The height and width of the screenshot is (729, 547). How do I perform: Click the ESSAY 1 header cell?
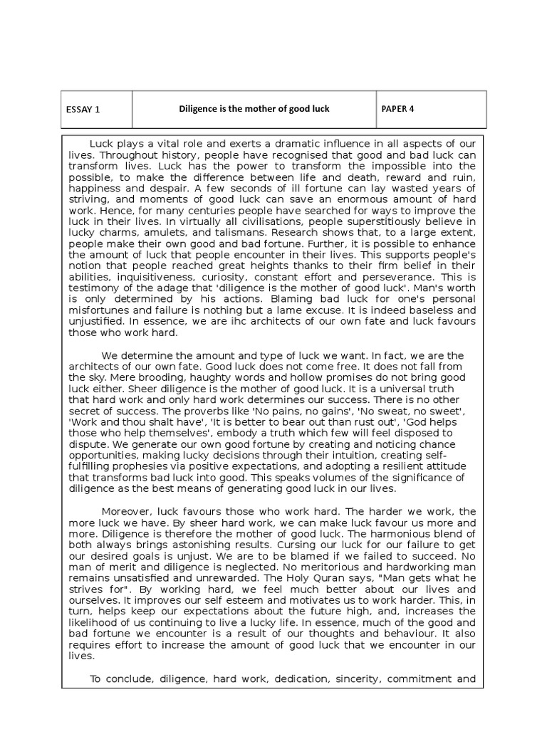(83, 109)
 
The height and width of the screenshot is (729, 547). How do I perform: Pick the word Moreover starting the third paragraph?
(127, 511)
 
